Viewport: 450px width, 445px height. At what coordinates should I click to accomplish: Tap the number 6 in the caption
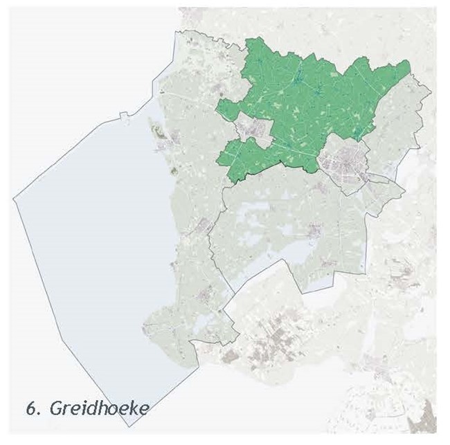coord(30,408)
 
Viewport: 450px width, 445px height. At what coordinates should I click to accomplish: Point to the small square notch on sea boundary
coord(123,116)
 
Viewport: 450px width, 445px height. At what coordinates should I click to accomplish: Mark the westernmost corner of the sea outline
coord(15,199)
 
